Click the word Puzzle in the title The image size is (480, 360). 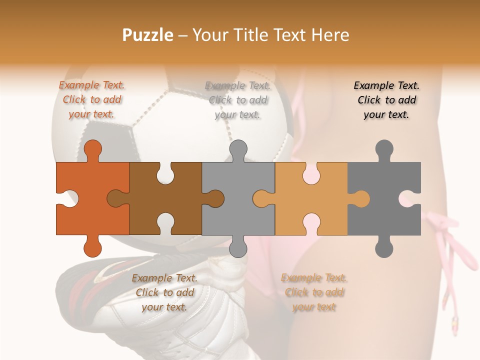click(x=148, y=35)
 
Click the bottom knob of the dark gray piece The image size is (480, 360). click(x=384, y=247)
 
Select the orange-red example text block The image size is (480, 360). click(x=92, y=99)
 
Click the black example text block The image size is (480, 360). click(x=386, y=100)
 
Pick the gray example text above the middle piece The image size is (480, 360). click(x=237, y=100)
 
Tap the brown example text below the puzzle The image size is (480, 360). click(x=164, y=292)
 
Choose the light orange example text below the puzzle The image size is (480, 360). click(x=314, y=292)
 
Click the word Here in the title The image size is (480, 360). click(x=330, y=35)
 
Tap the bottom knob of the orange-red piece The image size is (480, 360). click(x=93, y=247)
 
